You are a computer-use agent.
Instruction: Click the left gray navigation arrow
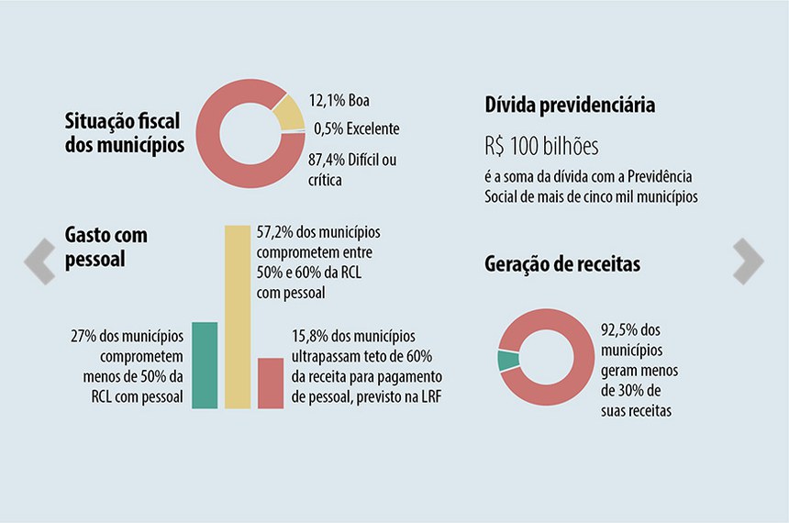39,261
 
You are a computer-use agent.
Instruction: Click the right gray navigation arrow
749,261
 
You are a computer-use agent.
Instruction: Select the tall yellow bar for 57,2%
238,316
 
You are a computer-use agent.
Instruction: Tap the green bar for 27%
205,364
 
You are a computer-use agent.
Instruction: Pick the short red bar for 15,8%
271,383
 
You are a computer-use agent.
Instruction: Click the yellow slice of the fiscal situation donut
289,114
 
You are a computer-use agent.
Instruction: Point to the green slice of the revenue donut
506,361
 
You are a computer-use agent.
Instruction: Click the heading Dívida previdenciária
570,106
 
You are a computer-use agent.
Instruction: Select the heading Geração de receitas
562,264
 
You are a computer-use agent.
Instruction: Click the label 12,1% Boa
340,101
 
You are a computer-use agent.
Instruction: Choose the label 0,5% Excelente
356,129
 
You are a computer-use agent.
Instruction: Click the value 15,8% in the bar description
310,336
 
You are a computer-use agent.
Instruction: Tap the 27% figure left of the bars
83,335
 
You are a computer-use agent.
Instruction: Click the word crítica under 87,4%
325,181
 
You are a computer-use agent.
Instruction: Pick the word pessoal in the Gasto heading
95,260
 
